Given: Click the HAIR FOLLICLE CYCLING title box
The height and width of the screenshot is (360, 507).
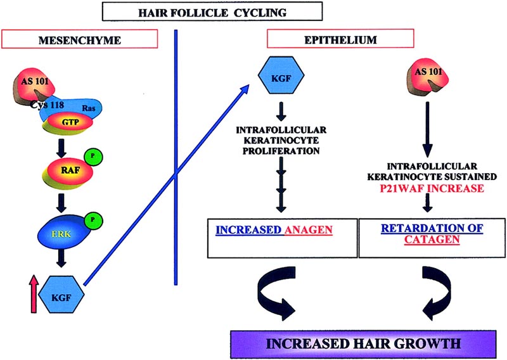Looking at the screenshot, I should click(209, 11).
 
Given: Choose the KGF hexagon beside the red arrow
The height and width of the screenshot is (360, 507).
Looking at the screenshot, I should click(60, 297).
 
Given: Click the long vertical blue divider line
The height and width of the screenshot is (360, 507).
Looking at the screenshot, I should click(174, 158).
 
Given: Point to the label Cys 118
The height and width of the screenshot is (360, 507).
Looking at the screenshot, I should click(53, 106).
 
